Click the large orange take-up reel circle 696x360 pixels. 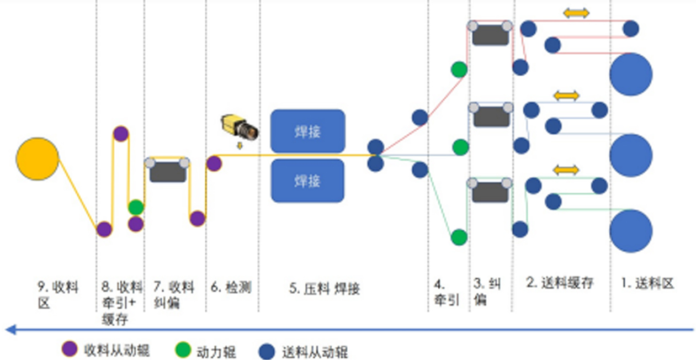38,159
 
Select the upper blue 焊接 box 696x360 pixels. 307,131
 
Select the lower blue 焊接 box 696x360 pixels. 307,181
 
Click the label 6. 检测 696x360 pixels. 231,287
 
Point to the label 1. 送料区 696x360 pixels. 647,284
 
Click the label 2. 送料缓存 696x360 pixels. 560,283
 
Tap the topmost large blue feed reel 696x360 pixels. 631,74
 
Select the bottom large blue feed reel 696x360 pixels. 631,231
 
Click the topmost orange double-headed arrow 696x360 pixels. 576,13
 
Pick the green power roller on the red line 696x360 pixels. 459,70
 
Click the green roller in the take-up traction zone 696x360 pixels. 136,207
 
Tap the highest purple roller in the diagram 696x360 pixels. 121,134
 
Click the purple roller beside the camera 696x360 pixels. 214,163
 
